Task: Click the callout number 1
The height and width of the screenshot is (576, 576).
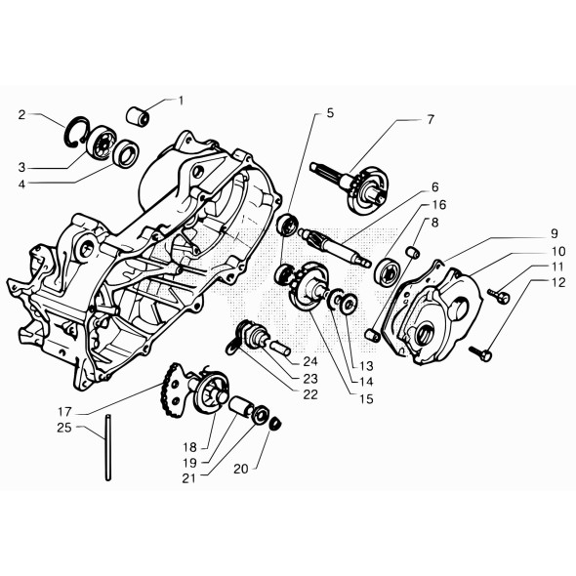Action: click(x=180, y=100)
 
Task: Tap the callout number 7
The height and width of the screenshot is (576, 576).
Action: click(x=429, y=120)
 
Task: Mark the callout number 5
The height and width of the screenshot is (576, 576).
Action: click(x=330, y=113)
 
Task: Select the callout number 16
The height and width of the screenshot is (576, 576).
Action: click(x=440, y=205)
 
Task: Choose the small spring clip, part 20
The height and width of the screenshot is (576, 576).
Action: click(x=275, y=423)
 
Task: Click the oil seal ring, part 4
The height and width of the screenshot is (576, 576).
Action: click(x=127, y=152)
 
